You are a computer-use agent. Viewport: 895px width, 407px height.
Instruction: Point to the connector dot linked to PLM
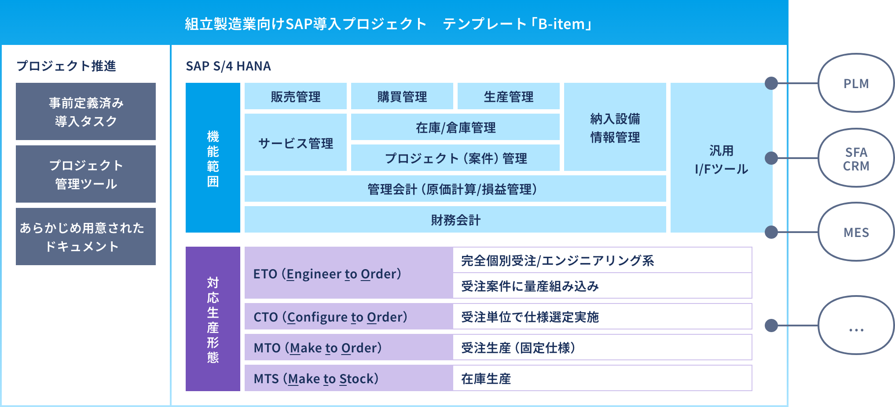click(x=771, y=83)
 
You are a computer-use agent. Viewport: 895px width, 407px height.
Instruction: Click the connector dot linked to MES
click(x=771, y=232)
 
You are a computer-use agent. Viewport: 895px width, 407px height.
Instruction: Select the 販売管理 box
click(x=296, y=96)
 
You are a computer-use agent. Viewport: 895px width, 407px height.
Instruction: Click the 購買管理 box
click(x=402, y=96)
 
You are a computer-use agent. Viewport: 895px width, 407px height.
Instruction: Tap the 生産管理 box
click(x=509, y=96)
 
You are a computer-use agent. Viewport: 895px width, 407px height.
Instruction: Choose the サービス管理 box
click(x=296, y=142)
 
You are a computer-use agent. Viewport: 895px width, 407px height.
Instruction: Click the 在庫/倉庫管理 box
click(x=455, y=127)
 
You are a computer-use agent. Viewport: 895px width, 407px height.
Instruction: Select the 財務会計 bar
click(x=455, y=219)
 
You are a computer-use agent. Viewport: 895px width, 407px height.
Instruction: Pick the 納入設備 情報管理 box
click(x=615, y=127)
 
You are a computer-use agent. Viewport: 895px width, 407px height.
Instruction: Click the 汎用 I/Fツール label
click(x=721, y=160)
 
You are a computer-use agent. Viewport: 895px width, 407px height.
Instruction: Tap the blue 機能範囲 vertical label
click(x=213, y=158)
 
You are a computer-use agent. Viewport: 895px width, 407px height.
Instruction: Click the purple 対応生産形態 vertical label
click(x=213, y=319)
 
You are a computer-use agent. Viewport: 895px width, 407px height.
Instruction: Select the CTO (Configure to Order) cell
click(x=349, y=316)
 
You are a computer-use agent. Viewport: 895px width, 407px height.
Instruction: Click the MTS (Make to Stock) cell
click(x=349, y=378)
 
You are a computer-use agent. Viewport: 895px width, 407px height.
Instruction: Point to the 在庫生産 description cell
click(x=602, y=378)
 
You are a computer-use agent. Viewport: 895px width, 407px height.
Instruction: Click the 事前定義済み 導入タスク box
click(x=86, y=111)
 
